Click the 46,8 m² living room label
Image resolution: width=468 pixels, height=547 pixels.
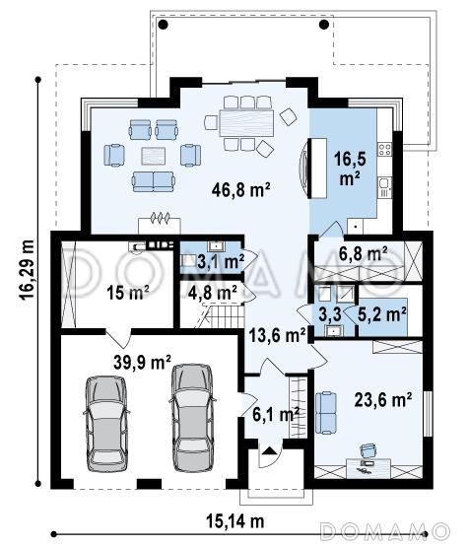pos(240,190)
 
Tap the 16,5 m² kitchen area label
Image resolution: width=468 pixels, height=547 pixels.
pos(350,169)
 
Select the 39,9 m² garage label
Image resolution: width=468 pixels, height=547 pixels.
pos(142,362)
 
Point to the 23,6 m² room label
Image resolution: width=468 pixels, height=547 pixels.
pos(383,399)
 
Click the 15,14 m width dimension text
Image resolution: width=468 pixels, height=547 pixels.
pos(235,521)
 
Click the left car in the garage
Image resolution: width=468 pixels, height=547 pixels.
pos(106,424)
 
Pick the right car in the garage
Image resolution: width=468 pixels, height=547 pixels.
pos(192,418)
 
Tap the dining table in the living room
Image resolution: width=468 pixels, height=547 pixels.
pos(246,123)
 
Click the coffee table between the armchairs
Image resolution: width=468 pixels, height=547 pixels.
pos(153,156)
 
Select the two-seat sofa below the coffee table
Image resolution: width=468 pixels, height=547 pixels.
pos(153,181)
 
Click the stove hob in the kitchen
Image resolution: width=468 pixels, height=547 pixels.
pos(385,149)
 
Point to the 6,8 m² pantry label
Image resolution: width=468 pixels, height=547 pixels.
pos(363,253)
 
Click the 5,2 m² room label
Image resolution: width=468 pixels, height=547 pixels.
pos(382,314)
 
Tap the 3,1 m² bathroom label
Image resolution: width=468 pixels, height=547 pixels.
pos(221,261)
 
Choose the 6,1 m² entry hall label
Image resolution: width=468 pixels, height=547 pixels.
pos(276,415)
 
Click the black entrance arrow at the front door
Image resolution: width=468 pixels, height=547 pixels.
pos(269,450)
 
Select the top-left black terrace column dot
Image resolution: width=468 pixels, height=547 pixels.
pos(163,25)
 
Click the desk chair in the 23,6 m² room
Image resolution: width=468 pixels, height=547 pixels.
pos(368,449)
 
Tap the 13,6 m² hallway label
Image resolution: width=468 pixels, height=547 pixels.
pos(277,335)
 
